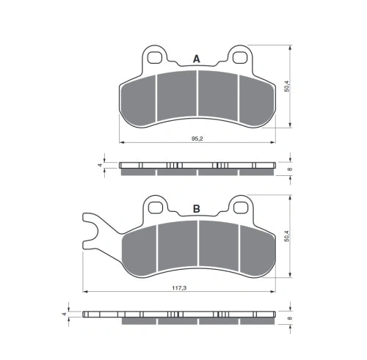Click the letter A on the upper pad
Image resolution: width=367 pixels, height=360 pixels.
coord(197,59)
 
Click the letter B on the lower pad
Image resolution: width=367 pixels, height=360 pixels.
coord(197,209)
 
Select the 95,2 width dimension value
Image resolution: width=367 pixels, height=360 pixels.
coord(197,139)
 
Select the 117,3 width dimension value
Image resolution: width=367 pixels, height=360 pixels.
coord(179,288)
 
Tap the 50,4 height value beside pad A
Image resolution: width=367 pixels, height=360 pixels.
coord(286,86)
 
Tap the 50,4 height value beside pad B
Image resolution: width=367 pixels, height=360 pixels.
coord(286,236)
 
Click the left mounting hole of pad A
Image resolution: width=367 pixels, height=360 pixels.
coord(155,58)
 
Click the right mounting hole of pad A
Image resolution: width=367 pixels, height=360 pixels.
coord(239,58)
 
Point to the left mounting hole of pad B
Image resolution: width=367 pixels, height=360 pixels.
coord(156,207)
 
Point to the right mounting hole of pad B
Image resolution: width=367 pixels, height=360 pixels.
coord(241,207)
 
